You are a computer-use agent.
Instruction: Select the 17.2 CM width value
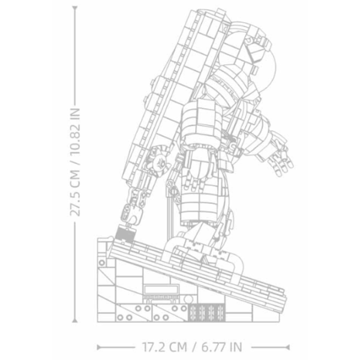[x=164, y=347]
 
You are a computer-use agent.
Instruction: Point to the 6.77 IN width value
[x=222, y=347]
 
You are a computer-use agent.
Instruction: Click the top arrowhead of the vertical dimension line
[x=74, y=9]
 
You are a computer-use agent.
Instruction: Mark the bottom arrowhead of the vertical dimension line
[x=74, y=320]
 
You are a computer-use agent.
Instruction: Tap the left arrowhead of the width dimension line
[x=99, y=347]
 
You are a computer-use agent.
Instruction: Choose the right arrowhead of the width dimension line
[x=287, y=347]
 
